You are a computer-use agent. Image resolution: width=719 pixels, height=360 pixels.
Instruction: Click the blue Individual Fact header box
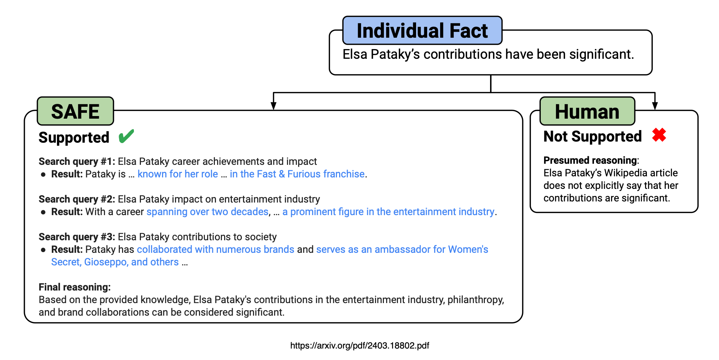tap(422, 31)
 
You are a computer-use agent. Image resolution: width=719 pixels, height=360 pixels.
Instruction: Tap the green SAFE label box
tap(75, 111)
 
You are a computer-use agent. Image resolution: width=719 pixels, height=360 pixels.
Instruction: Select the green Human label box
tap(587, 111)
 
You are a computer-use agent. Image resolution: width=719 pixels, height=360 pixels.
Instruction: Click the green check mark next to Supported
tap(126, 136)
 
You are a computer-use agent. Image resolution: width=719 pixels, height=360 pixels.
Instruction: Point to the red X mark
tap(659, 135)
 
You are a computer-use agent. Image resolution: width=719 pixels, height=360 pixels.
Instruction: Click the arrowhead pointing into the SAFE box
tap(273, 106)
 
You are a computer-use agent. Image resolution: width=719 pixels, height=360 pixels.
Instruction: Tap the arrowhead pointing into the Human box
tap(655, 106)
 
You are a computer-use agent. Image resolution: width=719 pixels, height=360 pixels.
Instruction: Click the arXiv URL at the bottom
tap(359, 346)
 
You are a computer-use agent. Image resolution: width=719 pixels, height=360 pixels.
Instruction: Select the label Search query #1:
tap(77, 162)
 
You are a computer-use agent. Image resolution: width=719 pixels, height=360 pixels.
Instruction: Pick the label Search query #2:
tap(77, 199)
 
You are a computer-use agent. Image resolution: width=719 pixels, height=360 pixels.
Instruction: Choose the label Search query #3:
tap(77, 237)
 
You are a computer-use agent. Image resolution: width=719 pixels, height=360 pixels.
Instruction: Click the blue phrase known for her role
tap(178, 174)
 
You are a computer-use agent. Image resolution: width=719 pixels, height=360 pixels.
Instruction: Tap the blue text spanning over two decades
tap(207, 212)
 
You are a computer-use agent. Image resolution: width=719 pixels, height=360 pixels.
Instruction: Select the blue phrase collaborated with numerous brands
tap(215, 249)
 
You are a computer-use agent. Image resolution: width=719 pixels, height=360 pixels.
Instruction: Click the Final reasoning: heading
tap(75, 287)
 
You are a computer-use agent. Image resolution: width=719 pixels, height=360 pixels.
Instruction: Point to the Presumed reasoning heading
tap(590, 160)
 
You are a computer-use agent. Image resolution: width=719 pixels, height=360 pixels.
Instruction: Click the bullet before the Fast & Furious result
tap(43, 174)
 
